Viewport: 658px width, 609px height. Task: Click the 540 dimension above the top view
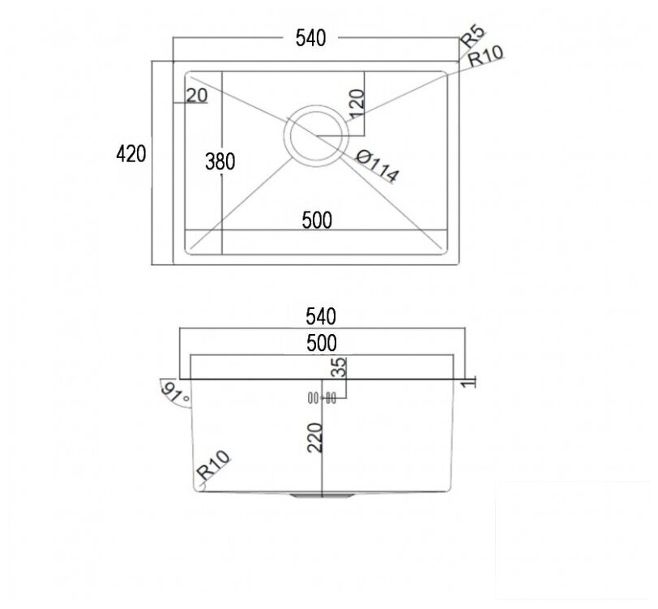(310, 38)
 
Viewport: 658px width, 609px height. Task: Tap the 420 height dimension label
(131, 154)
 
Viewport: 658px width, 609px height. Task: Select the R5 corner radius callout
(472, 36)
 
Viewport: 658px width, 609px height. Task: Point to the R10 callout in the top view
(485, 56)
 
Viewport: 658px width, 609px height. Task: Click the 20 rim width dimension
(197, 96)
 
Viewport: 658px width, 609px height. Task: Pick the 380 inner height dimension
(220, 161)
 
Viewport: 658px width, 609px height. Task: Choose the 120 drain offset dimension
(357, 104)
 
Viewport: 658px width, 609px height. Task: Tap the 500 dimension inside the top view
(317, 220)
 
